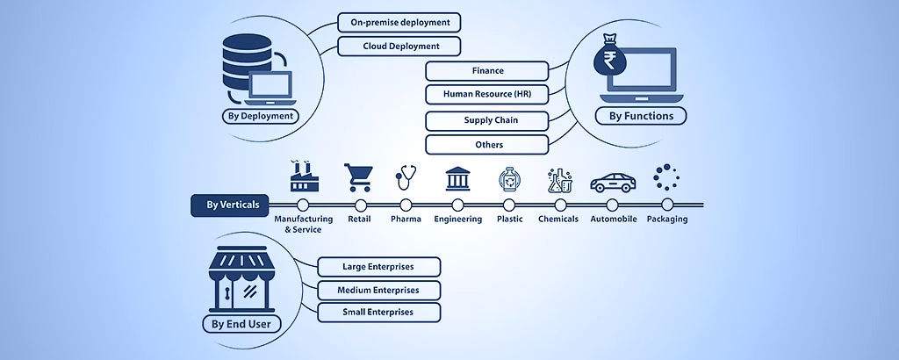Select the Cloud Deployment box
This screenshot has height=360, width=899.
point(399,46)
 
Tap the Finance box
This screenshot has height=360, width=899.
point(487,71)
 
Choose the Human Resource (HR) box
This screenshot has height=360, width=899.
point(487,94)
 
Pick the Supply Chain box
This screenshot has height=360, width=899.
point(487,120)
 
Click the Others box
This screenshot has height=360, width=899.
point(487,144)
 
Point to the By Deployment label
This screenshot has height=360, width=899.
point(260,116)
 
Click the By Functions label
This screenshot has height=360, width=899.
point(641,116)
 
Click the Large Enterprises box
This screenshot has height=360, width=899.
point(378,267)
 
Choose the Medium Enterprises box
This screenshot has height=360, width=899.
point(378,290)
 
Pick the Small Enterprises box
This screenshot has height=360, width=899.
point(378,312)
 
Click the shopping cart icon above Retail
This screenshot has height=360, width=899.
point(358,177)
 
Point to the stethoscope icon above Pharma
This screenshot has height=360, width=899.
point(405,177)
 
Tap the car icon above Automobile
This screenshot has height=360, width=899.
point(613,182)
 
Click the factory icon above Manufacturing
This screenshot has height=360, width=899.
point(303,176)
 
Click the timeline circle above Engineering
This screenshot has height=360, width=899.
point(458,205)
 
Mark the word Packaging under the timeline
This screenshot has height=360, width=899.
point(667,220)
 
